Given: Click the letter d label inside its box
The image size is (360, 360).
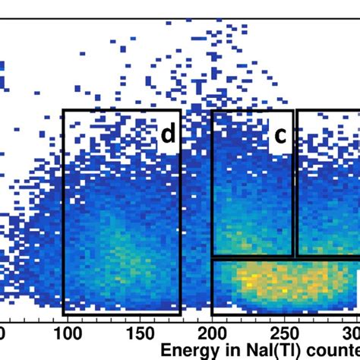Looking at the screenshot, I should point(168,134).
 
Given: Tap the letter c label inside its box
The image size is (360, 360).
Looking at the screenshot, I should point(280,135).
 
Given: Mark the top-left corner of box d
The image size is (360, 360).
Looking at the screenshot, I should point(63,111).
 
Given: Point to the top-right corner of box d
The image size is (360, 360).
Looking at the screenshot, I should point(180,111).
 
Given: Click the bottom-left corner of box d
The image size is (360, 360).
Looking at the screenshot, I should point(63,314).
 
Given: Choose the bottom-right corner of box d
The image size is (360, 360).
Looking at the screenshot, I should point(180,314).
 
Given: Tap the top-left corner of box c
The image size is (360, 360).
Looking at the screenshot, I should point(212,111).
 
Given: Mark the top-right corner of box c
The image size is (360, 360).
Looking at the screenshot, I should point(293,111).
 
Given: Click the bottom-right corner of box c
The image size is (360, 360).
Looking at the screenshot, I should point(293,256).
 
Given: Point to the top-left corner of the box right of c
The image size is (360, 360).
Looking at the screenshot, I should point(297,111).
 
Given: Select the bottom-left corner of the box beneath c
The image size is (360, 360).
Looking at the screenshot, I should point(212,314).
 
